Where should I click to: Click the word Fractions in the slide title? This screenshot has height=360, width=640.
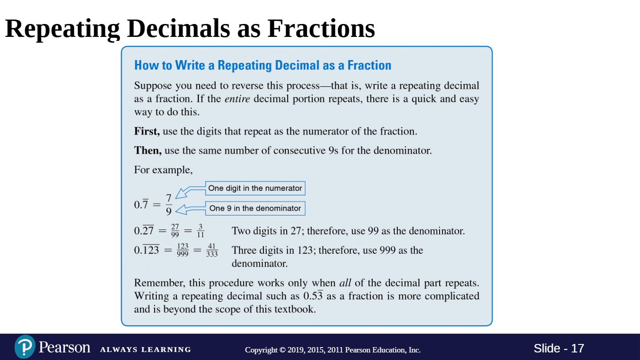tap(321, 28)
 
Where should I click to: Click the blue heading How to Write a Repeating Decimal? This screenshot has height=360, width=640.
tap(263, 65)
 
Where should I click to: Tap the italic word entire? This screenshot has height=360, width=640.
tap(237, 99)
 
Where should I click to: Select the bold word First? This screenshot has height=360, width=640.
tap(147, 132)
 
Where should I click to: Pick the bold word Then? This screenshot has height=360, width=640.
tap(148, 151)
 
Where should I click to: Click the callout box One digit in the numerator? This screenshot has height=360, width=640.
tap(255, 188)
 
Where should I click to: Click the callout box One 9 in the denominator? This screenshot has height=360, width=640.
tap(255, 208)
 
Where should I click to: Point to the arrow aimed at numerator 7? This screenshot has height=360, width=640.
tap(190, 192)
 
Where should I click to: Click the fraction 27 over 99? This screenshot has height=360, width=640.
tap(175, 231)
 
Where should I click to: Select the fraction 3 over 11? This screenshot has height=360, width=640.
tap(200, 231)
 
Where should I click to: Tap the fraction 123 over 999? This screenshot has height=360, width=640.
tap(183, 250)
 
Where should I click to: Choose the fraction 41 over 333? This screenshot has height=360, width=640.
tap(212, 250)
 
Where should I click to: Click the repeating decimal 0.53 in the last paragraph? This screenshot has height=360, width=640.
tap(313, 296)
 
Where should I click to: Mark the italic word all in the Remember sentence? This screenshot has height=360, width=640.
tap(345, 283)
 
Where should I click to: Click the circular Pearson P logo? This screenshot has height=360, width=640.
tap(25, 347)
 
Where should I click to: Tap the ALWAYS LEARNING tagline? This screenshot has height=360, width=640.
tap(146, 349)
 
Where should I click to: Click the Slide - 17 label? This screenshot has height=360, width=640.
tap(559, 348)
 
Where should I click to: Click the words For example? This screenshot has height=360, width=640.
tap(163, 170)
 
